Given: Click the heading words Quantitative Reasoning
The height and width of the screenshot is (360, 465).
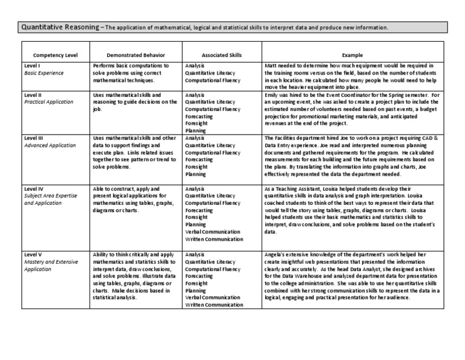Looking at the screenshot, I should click(58, 27).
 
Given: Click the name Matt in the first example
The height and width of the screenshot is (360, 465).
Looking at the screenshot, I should click(271, 65).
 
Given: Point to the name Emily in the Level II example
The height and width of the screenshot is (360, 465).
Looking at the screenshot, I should click(272, 95).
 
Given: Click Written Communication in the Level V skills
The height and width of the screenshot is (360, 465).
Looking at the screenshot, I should click(214, 305).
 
